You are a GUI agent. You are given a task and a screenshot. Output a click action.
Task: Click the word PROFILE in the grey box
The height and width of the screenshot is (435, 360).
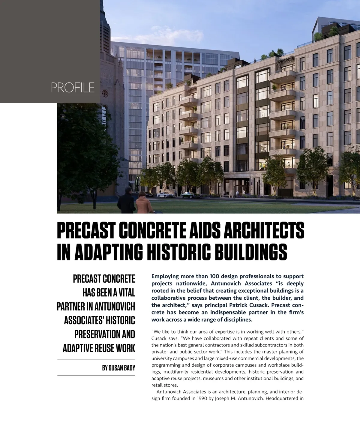tap(73, 87)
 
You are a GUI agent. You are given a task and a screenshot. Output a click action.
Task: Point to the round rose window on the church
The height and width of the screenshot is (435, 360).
tap(105, 94)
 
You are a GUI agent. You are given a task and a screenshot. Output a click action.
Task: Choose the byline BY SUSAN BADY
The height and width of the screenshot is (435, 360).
tap(118, 367)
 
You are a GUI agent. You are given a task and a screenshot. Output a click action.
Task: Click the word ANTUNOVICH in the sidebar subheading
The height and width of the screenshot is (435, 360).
tap(115, 306)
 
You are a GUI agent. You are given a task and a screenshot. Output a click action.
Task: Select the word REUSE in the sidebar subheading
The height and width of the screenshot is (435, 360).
tap(104, 348)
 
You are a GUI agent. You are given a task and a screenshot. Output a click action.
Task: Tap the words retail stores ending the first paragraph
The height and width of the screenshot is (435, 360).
tap(165, 385)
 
